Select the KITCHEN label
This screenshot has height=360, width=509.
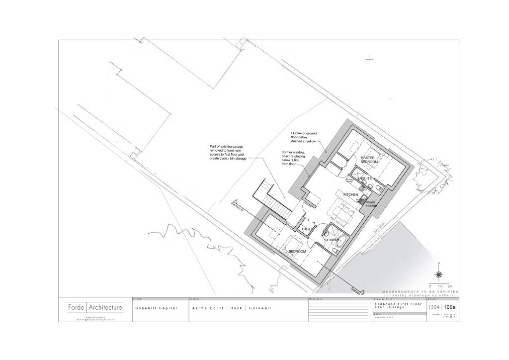350,194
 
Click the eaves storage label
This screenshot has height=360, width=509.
371,203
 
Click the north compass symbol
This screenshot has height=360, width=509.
439,274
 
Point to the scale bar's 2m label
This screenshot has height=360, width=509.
450,286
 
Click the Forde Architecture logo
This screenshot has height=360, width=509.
95,307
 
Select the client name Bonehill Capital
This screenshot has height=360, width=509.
156,308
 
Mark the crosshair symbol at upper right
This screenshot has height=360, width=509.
369,60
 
